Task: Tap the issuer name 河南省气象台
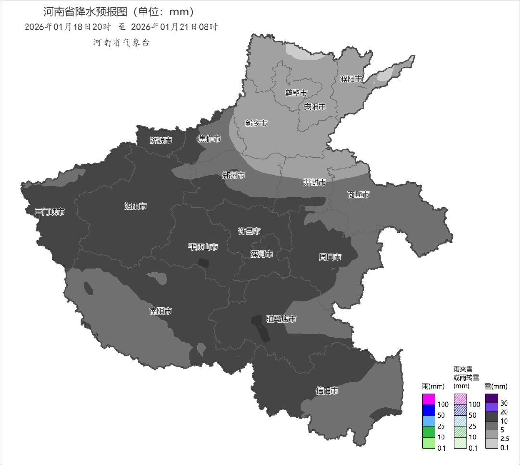click(x=121, y=42)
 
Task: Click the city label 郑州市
click(x=234, y=176)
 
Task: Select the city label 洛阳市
click(x=135, y=206)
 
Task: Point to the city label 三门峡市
click(x=50, y=212)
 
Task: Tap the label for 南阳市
click(x=161, y=311)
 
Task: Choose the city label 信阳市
click(x=326, y=390)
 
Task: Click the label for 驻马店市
click(x=281, y=319)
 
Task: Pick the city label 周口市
click(x=330, y=257)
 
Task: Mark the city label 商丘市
click(x=358, y=194)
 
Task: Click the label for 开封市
click(x=314, y=182)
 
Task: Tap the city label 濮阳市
click(x=351, y=79)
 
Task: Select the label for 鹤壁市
click(x=296, y=93)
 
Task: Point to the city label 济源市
click(x=161, y=140)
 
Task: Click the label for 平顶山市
click(x=203, y=247)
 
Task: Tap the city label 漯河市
click(x=262, y=254)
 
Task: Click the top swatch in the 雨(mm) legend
click(x=429, y=399)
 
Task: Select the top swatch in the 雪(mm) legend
click(x=492, y=398)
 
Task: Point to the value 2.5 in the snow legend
click(x=505, y=438)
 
